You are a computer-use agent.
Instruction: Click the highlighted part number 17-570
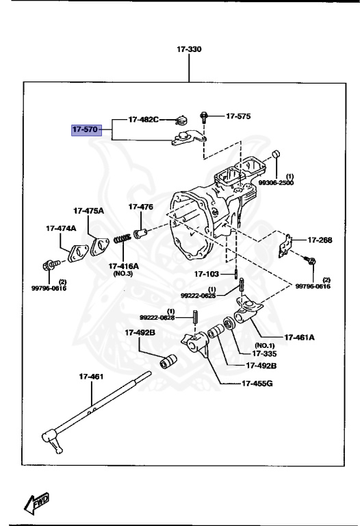click(x=87, y=129)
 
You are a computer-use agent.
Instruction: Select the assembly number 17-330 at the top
click(x=190, y=49)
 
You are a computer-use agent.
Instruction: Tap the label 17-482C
click(x=143, y=119)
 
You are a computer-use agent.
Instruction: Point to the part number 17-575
click(x=238, y=116)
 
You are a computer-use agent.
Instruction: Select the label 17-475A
click(x=89, y=210)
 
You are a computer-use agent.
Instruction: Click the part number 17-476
click(x=140, y=206)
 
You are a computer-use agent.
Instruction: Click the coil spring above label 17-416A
click(x=122, y=241)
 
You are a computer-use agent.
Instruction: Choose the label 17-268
click(x=319, y=240)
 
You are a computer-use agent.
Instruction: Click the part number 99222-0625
click(x=198, y=295)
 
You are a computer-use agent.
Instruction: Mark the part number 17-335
click(x=263, y=353)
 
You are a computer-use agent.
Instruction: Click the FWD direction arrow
click(x=39, y=503)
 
